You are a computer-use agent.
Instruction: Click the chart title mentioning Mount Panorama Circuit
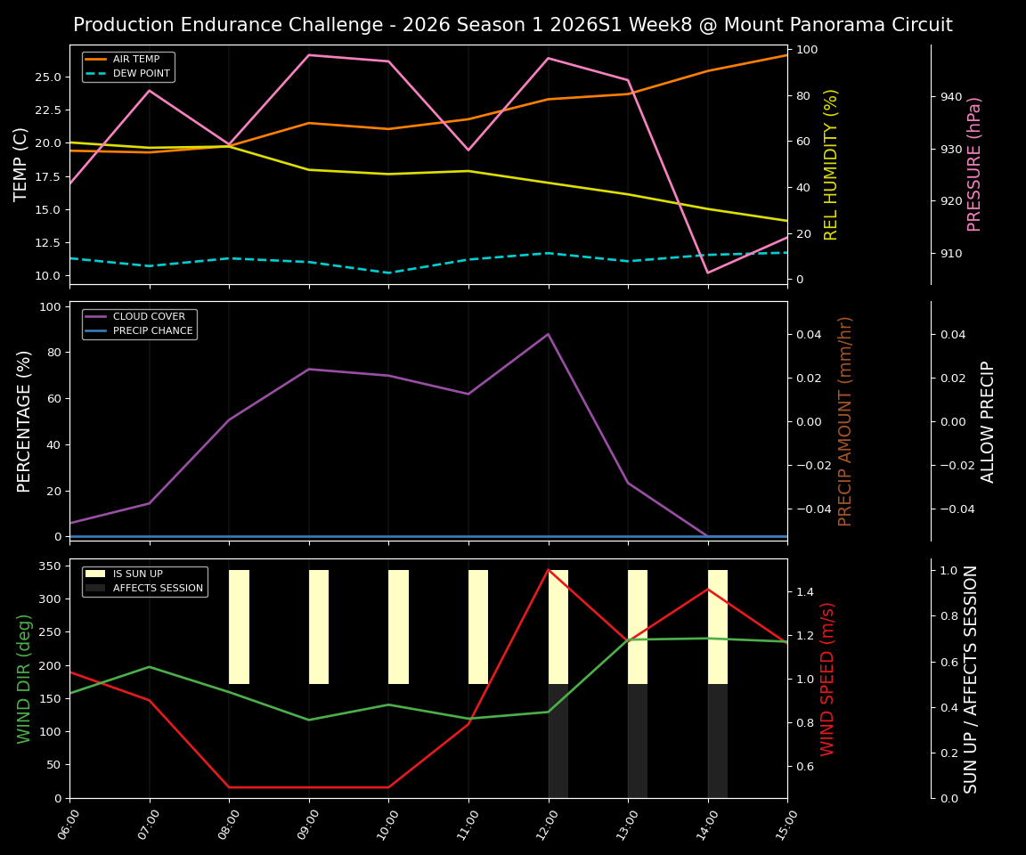(x=512, y=25)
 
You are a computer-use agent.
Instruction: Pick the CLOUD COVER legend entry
(x=142, y=316)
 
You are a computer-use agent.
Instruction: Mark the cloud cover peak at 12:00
(x=549, y=334)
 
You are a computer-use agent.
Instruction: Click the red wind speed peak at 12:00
(x=549, y=569)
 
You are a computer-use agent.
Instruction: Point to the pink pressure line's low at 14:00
(x=708, y=273)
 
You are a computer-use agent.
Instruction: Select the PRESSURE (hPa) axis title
(x=975, y=164)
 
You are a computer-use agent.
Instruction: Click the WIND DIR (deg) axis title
(x=24, y=678)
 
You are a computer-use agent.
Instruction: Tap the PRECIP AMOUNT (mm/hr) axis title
(x=845, y=420)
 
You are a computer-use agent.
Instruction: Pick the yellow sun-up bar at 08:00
(x=239, y=627)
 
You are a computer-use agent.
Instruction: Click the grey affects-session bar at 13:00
(x=638, y=740)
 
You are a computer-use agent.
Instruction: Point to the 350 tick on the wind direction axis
(x=50, y=566)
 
